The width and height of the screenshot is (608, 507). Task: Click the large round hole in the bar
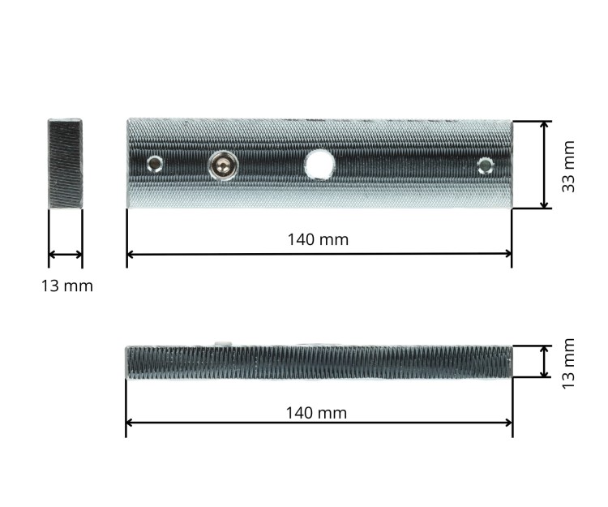point(320,165)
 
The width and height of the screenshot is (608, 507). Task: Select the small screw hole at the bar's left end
point(155,165)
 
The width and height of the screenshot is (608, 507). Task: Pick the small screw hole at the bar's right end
point(486,166)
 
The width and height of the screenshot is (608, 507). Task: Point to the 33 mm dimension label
point(569,166)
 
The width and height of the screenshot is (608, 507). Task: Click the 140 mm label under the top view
point(318,239)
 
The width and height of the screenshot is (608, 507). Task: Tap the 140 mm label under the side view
point(316,413)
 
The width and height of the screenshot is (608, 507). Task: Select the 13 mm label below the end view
point(67,286)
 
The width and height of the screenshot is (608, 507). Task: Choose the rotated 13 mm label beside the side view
point(569,362)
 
